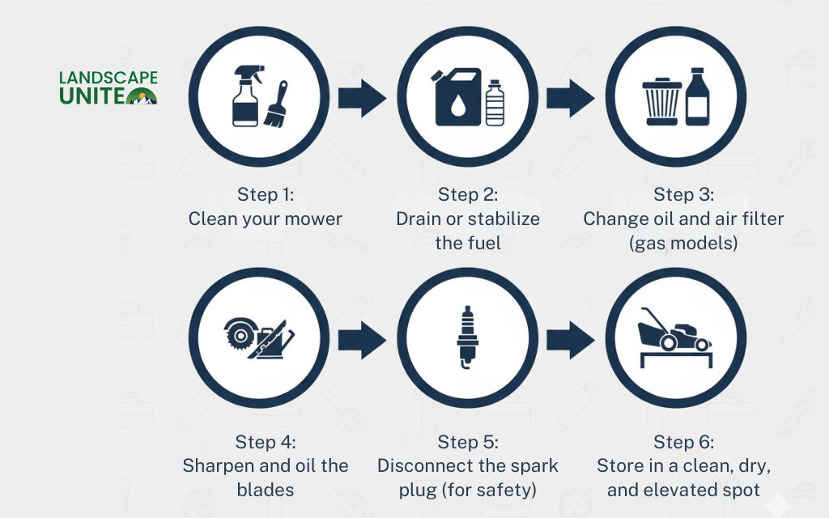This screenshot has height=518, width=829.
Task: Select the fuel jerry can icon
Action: click(x=457, y=97)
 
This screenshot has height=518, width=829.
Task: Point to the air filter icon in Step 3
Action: click(x=663, y=102)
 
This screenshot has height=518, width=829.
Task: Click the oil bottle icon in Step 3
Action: click(x=697, y=97)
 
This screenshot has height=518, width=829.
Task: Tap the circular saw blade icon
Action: click(x=239, y=333)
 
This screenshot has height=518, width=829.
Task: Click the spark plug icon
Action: click(x=468, y=338)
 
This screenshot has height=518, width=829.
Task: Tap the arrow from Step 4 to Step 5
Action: click(x=362, y=340)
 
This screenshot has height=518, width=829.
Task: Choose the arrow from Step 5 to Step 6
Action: click(x=570, y=340)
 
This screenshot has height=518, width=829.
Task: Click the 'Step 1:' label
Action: click(x=266, y=194)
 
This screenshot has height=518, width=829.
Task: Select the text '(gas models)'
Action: click(x=683, y=243)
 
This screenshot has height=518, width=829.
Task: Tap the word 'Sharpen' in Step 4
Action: click(x=214, y=465)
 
